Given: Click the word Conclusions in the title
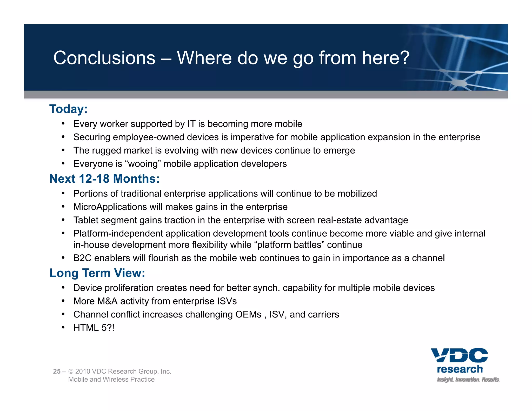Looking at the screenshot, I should coord(104,58).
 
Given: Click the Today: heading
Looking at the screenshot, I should coord(68,109).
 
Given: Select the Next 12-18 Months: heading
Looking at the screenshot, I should coord(104,179).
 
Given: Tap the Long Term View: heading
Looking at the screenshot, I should coord(97,273).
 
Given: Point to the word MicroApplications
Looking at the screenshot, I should coord(110,207).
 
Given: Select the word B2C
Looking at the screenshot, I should coord(82,258).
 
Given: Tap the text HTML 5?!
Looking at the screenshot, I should coord(94,328).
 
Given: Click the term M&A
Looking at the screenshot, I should coord(107,301).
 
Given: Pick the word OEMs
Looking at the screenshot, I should coord(248,315).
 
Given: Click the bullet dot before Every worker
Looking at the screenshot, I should coord(63,124).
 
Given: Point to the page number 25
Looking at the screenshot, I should coord(57,372).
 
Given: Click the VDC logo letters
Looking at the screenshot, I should coord(459,355).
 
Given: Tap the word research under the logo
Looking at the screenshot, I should coord(460,369).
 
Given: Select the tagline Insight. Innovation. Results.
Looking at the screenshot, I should coord(468,380).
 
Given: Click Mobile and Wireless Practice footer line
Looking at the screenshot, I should coord(111,380).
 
